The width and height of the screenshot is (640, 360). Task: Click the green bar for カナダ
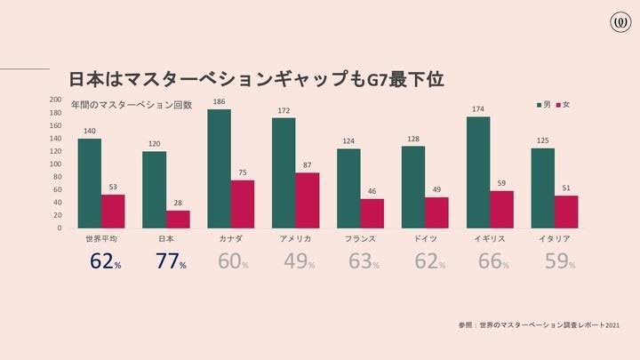coord(219,169)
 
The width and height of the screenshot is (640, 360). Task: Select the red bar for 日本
coord(178,219)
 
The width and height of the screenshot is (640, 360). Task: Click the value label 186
coord(219,102)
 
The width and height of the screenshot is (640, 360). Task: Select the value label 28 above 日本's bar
coord(178,204)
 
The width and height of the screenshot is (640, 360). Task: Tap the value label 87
coord(308,165)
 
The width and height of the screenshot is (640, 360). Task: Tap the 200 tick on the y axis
coord(55,100)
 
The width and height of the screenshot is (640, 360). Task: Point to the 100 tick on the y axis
coord(55,164)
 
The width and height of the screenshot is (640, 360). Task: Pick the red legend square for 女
coord(558,105)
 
